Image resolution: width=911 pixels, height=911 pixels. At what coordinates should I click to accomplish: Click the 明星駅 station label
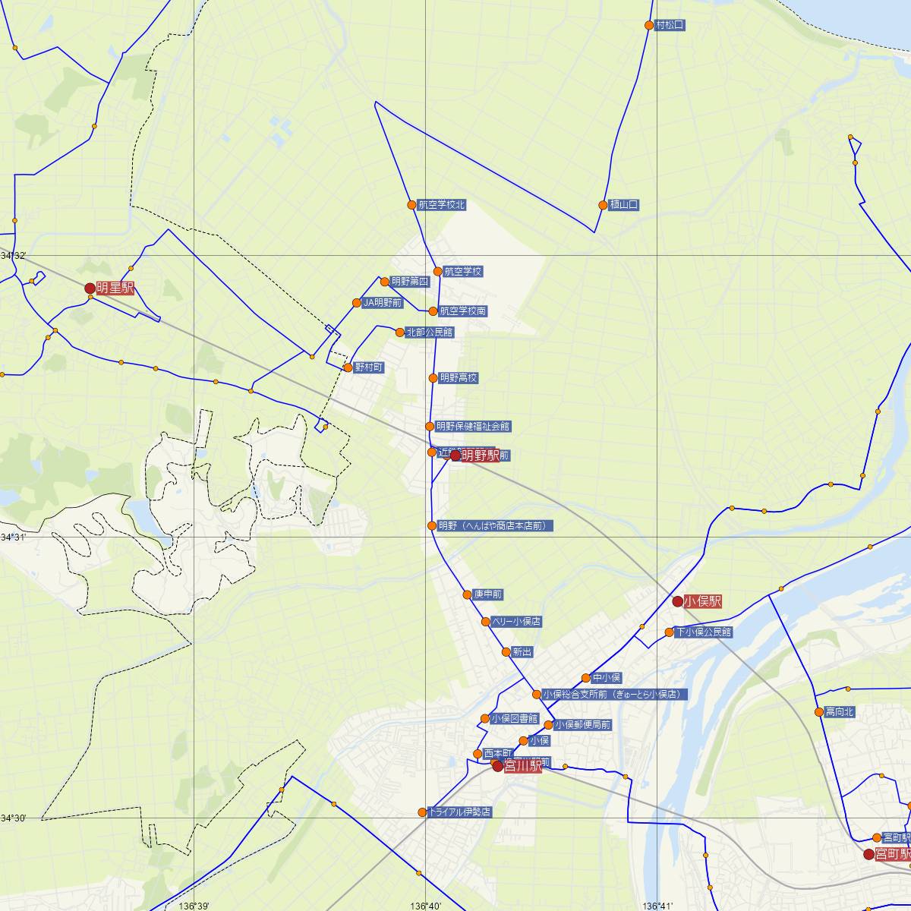115,288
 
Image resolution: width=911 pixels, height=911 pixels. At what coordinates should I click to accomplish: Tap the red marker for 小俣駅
677,601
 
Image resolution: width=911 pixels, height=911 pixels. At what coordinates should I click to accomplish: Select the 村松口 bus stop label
670,25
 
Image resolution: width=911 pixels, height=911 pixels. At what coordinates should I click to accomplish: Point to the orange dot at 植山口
603,205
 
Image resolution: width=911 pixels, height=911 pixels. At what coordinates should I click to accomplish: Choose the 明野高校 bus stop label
459,378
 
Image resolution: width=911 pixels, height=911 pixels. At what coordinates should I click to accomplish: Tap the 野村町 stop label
369,367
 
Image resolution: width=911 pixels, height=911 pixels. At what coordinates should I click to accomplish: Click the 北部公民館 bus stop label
429,332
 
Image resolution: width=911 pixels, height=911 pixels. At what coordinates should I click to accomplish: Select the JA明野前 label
382,303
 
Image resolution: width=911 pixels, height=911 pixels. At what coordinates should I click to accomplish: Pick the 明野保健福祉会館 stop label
473,427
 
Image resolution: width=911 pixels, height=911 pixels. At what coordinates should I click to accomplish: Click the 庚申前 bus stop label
487,594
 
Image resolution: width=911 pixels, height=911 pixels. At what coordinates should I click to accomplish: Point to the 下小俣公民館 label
704,632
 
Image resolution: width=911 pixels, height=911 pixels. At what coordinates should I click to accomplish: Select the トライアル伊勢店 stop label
460,812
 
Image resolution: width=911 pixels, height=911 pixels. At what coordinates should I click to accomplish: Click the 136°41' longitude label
657,906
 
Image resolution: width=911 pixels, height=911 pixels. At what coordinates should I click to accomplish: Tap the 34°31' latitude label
13,537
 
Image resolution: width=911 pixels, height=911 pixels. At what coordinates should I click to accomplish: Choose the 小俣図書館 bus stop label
514,718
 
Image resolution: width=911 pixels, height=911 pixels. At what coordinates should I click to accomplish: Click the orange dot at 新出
506,652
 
